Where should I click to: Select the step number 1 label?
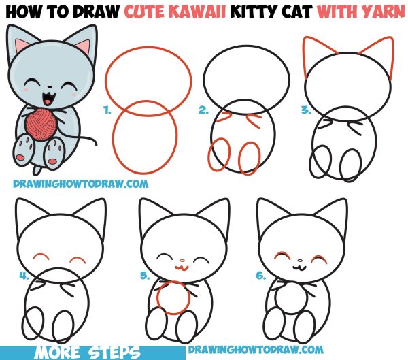coord(106,108)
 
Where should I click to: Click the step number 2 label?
coord(203,109)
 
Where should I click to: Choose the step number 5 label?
coord(144,276)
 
